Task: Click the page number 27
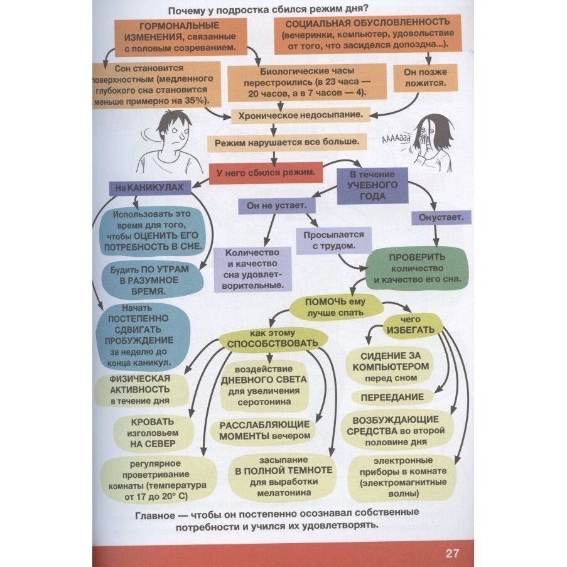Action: (x=452, y=553)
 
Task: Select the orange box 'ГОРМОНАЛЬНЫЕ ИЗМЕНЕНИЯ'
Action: (x=179, y=36)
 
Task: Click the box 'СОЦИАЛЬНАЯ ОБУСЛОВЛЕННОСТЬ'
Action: (x=367, y=35)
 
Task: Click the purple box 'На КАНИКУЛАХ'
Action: (x=149, y=188)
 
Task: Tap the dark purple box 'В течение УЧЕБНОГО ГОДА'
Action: (x=373, y=185)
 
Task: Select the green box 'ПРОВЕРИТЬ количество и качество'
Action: (x=417, y=267)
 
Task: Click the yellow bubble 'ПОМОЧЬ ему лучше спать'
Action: (x=335, y=306)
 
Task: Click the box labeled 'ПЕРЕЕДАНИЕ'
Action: (x=391, y=397)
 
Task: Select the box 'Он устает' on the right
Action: (x=441, y=218)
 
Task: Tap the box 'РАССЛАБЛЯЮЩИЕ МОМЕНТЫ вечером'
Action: (x=264, y=429)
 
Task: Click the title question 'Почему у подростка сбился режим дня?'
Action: (x=267, y=9)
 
